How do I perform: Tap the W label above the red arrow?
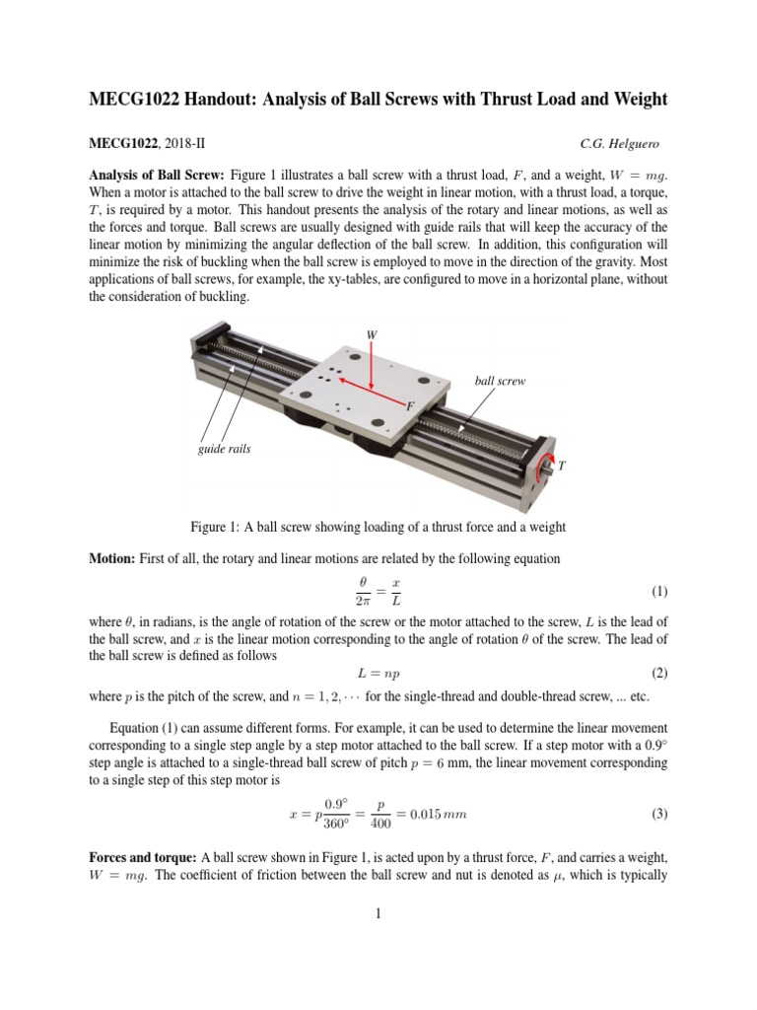372,334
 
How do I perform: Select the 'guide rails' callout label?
226,449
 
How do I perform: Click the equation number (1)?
659,592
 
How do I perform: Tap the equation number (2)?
659,674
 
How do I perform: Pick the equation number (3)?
659,814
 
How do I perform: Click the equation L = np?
378,674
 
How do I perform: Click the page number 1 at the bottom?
378,913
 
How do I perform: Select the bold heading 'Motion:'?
111,558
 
